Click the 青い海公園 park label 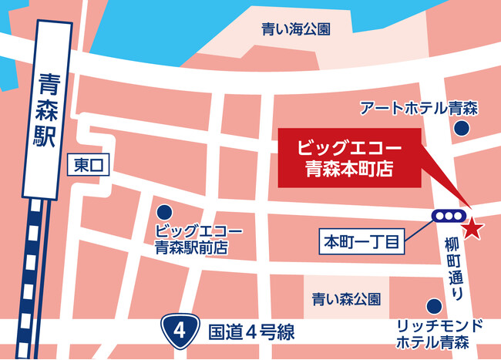point(296,29)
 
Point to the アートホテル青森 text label point(419,109)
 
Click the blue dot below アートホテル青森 point(462,130)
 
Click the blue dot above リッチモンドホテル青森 point(433,306)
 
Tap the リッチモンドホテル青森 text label point(439,333)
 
